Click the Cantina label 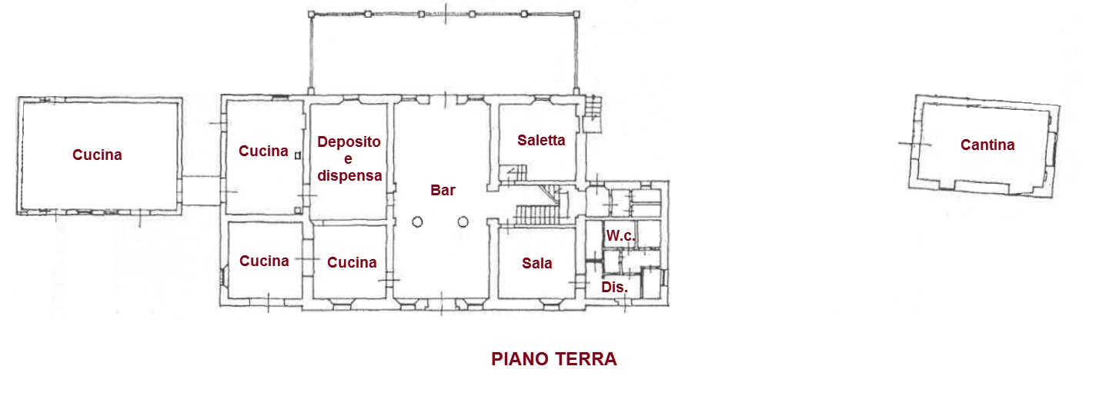987,145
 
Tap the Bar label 443,190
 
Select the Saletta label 541,140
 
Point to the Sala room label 537,263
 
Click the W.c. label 620,236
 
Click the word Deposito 349,142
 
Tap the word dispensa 349,175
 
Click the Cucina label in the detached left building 97,155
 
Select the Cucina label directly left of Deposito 263,151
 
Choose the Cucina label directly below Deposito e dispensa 352,262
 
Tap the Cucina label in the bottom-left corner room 264,261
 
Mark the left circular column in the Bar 417,222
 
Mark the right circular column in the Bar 463,222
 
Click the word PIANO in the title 520,359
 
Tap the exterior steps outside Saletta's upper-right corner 592,108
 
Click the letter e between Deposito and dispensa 349,159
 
